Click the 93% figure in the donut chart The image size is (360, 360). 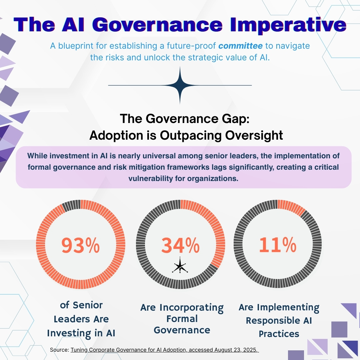(x=80, y=246)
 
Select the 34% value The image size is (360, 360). (x=180, y=246)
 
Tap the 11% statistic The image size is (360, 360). (x=277, y=245)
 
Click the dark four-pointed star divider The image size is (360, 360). (x=180, y=85)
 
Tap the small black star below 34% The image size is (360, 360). (x=180, y=266)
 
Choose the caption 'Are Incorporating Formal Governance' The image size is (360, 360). (x=182, y=319)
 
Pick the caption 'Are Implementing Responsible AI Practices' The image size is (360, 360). (x=279, y=320)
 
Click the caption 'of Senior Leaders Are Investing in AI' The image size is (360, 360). (x=81, y=319)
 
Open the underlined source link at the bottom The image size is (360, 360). (x=165, y=350)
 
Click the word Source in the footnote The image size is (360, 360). (x=59, y=350)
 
